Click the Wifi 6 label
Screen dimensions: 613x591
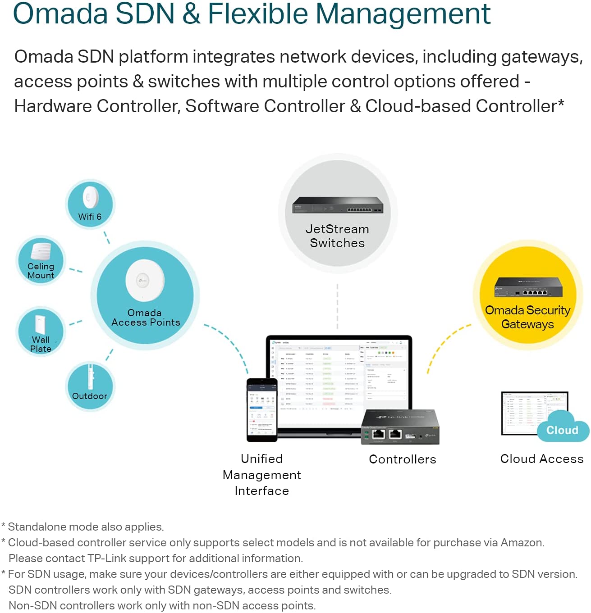(x=90, y=217)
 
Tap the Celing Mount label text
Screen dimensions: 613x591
(x=41, y=271)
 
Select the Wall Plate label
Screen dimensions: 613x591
(x=41, y=344)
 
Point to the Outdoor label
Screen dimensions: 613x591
(x=90, y=396)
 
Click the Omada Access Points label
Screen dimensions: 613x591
(x=145, y=318)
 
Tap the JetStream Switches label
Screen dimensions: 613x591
(x=337, y=236)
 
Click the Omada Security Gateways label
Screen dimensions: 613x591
(x=527, y=317)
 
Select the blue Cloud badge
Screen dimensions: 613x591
(x=562, y=430)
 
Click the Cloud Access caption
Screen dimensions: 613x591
(x=542, y=459)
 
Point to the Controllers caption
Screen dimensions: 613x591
(x=403, y=459)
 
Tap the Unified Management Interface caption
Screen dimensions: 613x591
(x=262, y=475)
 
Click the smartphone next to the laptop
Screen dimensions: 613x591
(x=261, y=410)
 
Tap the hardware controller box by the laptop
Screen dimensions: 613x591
(x=400, y=427)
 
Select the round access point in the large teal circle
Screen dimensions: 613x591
(x=145, y=280)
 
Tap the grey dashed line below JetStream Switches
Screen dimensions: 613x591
(x=337, y=306)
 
